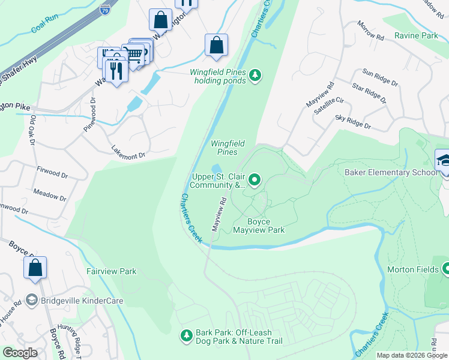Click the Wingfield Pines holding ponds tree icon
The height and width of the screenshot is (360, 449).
256,75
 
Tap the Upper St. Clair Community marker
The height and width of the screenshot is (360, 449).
255,179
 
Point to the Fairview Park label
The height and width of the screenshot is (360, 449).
111,272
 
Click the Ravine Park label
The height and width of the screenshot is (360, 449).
416,36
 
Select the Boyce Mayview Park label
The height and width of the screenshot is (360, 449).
258,226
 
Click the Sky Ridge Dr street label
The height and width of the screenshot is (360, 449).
353,122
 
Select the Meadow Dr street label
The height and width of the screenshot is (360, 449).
50,196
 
